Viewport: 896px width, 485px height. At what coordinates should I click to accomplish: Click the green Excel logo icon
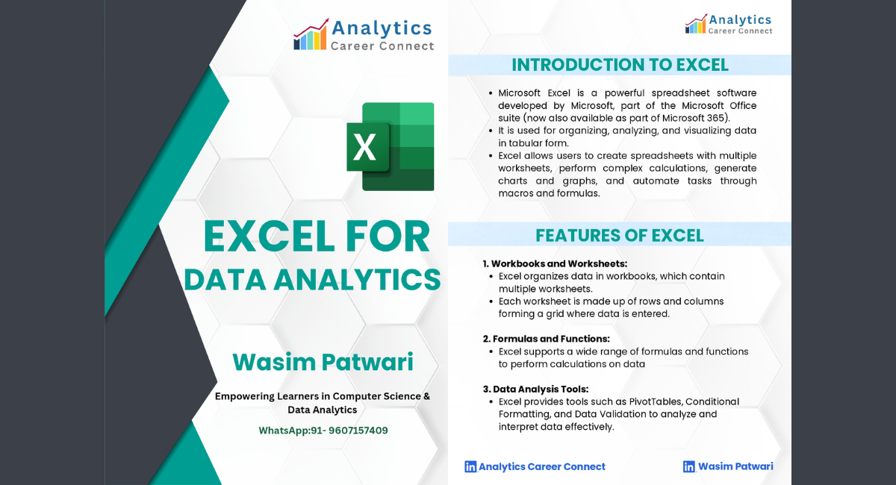coord(391,146)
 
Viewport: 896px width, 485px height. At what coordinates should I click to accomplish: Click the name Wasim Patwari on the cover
coord(323,362)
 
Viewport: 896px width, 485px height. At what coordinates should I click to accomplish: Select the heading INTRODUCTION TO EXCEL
coord(620,65)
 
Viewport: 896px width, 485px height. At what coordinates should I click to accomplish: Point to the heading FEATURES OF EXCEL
coord(620,236)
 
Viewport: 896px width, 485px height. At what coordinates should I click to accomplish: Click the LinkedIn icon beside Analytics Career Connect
coord(470,466)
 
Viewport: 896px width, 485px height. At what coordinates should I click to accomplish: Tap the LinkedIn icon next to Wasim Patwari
coord(688,466)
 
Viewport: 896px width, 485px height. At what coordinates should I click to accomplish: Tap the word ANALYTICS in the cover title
coord(357,280)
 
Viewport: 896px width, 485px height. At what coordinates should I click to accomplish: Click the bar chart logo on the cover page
coord(311,34)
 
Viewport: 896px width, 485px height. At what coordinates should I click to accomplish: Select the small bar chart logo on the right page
coord(696,24)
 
